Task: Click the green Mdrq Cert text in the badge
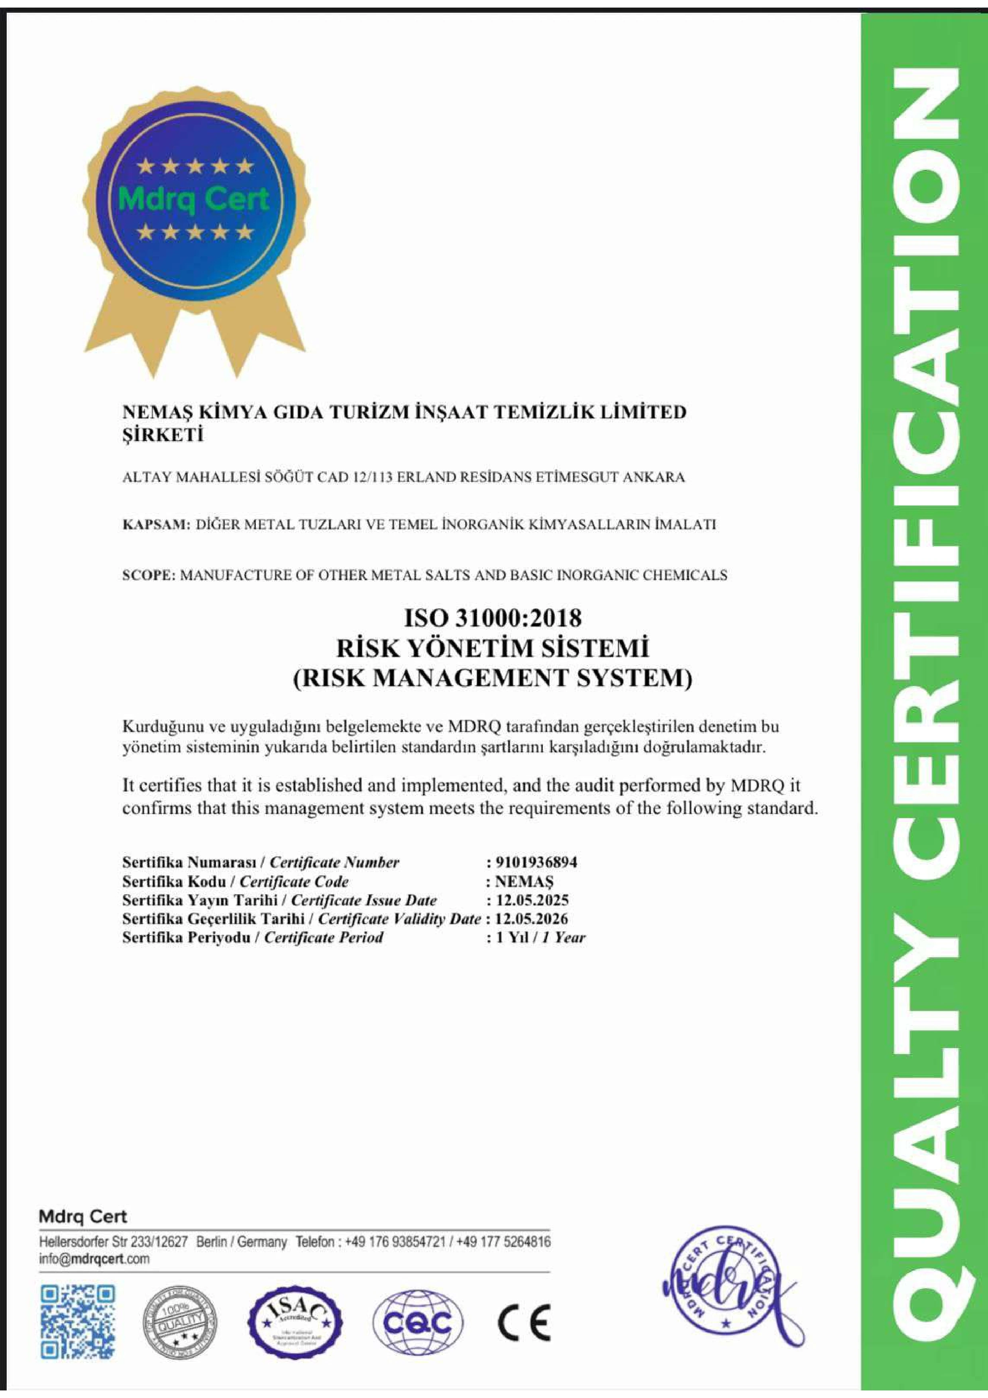[194, 198]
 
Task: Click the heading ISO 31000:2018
[493, 618]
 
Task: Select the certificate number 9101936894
[536, 862]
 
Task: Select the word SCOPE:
[149, 574]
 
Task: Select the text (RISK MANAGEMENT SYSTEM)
[493, 678]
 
